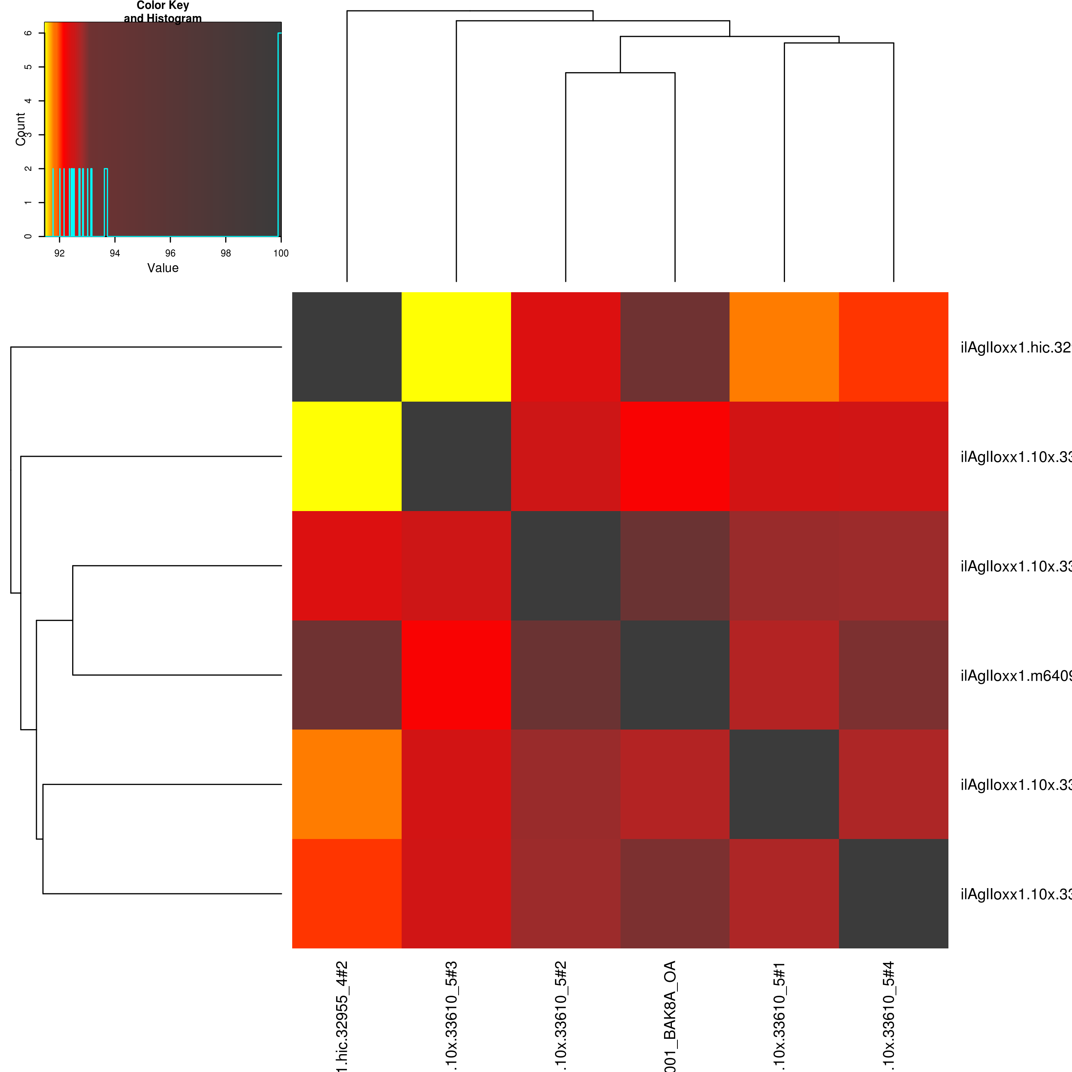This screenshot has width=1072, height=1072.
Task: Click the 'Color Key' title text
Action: [163, 6]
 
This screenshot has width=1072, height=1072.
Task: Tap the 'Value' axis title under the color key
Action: [163, 268]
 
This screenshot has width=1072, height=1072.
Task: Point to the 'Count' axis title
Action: [20, 129]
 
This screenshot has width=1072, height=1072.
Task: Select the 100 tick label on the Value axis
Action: [281, 253]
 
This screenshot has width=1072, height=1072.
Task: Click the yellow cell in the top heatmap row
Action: [456, 347]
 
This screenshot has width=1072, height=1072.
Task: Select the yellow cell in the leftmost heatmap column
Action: [347, 456]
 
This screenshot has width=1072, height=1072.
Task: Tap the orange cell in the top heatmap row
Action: [784, 347]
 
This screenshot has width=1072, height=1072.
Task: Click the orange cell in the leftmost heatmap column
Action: [347, 784]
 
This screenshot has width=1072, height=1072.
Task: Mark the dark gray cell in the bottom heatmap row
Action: [893, 893]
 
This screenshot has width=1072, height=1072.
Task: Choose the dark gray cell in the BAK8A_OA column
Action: [675, 675]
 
